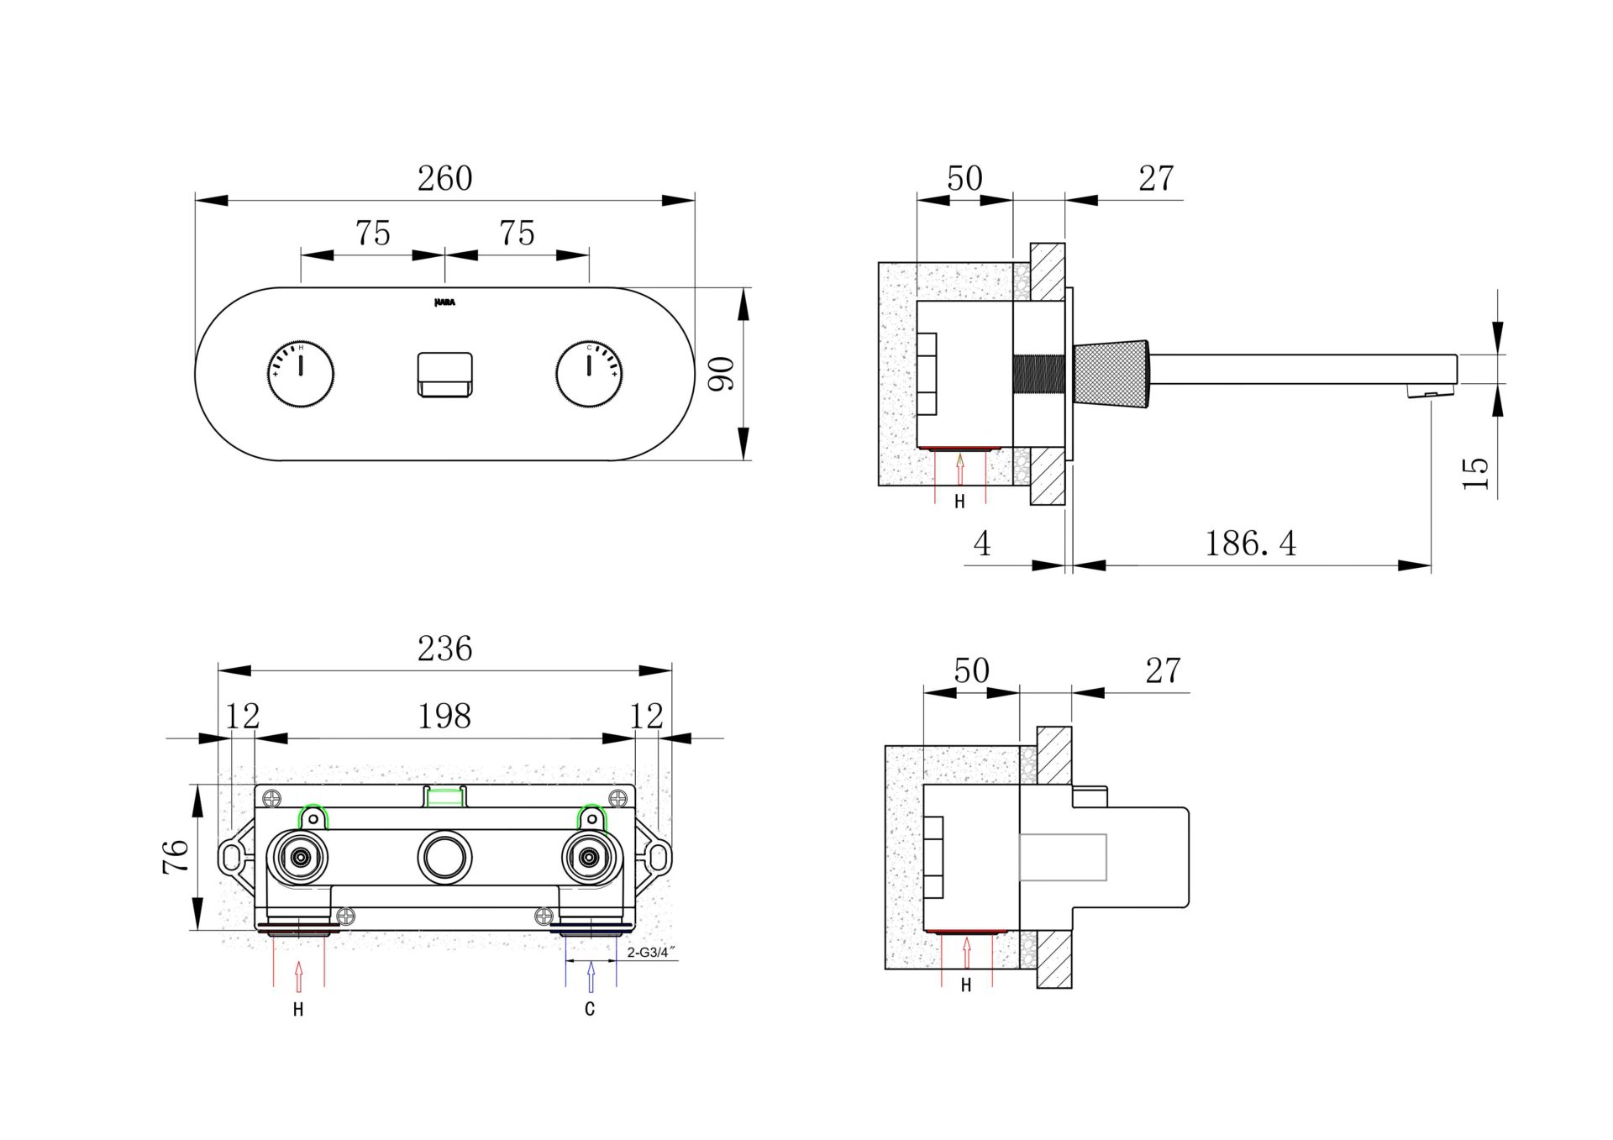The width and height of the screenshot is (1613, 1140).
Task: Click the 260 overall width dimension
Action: tap(444, 178)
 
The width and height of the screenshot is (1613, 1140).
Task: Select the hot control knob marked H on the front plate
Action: tap(301, 374)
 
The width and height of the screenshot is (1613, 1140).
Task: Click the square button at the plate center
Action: tap(444, 374)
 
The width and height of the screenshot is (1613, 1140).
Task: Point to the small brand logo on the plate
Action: tap(444, 302)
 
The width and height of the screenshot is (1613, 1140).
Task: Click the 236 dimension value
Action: tap(444, 649)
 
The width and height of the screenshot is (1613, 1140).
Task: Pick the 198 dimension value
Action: tap(444, 717)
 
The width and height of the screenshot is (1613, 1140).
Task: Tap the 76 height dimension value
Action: tap(176, 856)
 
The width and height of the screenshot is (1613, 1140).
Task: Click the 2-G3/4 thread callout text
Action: tap(651, 953)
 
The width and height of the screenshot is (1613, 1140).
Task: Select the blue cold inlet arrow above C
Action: tap(591, 976)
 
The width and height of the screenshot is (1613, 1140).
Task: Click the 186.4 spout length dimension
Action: tap(1250, 544)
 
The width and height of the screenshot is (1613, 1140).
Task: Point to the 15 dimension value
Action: tap(1475, 473)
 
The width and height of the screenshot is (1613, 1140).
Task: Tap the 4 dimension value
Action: tap(981, 544)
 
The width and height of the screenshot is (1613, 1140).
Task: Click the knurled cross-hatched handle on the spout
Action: tap(1111, 374)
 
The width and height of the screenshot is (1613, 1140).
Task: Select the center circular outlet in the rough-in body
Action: tap(444, 857)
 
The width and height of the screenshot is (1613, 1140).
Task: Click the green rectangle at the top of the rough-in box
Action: tap(444, 796)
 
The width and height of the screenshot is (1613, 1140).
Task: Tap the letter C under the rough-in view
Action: tap(590, 1009)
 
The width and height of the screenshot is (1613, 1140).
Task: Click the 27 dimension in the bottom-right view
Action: tap(1163, 670)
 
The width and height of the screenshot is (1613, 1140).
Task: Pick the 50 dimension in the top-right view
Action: tap(964, 178)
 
